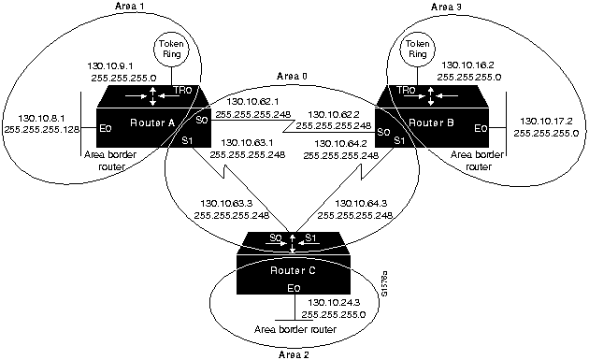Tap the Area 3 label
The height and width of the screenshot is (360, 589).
point(448,7)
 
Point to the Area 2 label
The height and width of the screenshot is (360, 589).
point(294,354)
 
